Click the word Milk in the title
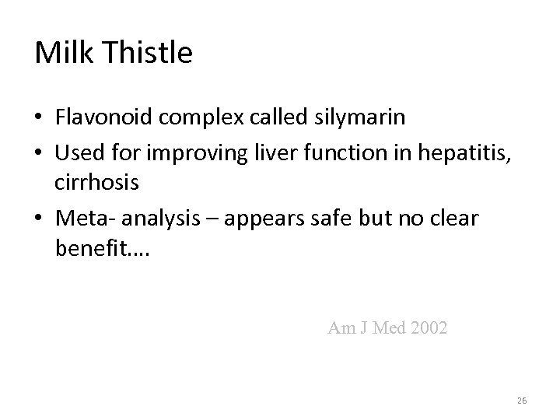click(x=62, y=53)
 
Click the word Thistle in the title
click(x=145, y=53)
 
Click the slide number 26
click(x=521, y=400)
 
